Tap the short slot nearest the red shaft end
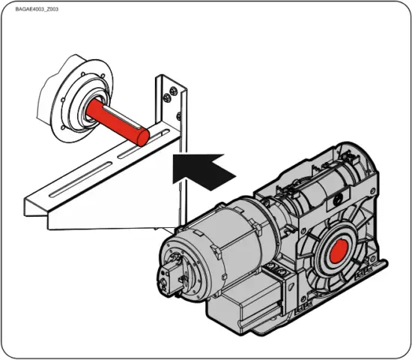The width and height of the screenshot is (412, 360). pyautogui.click(x=159, y=133)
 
